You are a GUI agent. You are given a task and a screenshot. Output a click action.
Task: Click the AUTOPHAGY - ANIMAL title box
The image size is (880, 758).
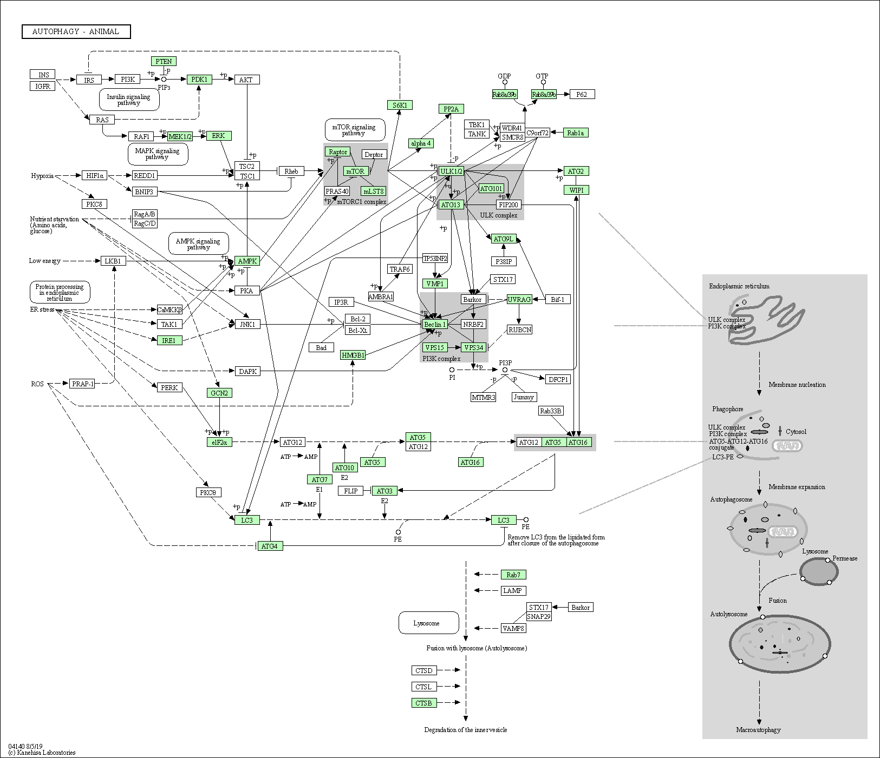pos(76,31)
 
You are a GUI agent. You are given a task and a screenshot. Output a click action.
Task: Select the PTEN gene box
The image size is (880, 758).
pos(164,61)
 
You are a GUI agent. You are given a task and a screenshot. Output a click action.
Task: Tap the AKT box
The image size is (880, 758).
pos(246,80)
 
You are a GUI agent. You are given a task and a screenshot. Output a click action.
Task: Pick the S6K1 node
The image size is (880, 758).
pos(400,105)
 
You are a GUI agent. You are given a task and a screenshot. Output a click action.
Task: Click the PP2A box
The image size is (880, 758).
pos(451,109)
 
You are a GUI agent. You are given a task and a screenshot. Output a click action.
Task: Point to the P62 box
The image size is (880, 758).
pos(582,94)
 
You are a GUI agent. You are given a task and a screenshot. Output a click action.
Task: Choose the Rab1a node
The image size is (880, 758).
pos(576,133)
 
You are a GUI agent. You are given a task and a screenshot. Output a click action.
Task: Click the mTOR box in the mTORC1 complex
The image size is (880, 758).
pos(356,171)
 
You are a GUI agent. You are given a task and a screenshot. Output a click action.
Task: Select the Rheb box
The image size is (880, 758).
pos(291,171)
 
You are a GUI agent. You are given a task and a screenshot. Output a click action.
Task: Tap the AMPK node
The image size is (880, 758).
pos(247,261)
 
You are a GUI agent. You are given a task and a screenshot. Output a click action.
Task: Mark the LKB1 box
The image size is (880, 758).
pos(113,261)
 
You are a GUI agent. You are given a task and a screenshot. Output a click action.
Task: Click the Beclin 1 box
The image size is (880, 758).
pos(435,324)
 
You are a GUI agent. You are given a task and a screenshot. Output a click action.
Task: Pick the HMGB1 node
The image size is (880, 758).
pos(353,355)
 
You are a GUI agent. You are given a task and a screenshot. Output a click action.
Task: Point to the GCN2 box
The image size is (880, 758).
pos(219,393)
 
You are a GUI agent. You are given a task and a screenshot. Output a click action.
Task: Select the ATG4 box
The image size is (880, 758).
pos(270,546)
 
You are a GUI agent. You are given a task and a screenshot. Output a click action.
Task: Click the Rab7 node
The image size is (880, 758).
pos(513,575)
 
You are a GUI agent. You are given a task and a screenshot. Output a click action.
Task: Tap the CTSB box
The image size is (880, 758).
pos(424,703)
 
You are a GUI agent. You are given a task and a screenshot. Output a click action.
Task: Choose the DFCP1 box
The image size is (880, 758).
pos(558,379)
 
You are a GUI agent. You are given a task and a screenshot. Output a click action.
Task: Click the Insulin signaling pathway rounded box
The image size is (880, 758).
pos(129,100)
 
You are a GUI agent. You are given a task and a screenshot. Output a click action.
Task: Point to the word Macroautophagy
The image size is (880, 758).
pos(758,730)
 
